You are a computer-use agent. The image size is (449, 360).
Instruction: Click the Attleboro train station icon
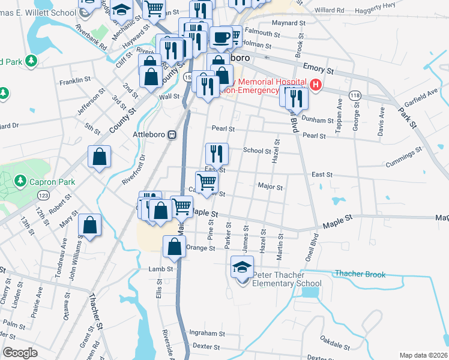[172, 135]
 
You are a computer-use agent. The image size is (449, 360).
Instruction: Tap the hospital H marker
[315, 85]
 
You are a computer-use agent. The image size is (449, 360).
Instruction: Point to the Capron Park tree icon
[20, 181]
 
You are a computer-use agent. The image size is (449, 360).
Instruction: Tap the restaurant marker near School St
[217, 154]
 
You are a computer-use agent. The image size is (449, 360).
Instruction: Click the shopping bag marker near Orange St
[174, 246]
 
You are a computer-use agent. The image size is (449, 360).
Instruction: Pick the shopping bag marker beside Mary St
[89, 226]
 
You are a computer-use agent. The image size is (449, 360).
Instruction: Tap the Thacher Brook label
[360, 274]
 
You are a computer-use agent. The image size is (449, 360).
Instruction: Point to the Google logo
[20, 353]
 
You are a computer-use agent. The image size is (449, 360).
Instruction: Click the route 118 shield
[355, 95]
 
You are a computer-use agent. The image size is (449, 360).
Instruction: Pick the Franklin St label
[75, 79]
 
